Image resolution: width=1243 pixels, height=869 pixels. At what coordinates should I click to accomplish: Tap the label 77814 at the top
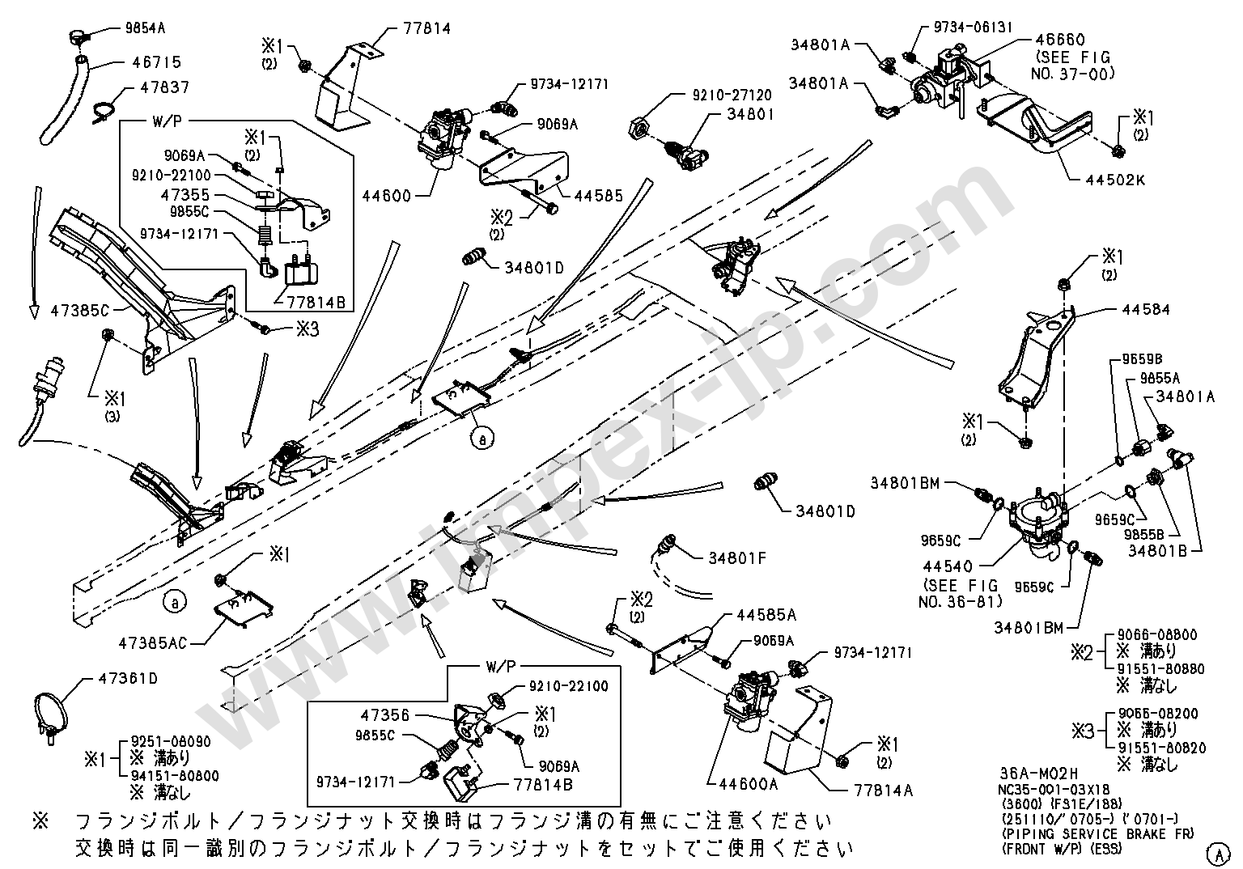428,29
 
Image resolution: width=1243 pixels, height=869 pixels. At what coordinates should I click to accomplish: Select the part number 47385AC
153,643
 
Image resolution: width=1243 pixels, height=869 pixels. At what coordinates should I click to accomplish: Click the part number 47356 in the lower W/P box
386,715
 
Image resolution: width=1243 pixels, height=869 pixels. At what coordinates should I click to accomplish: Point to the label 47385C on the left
79,309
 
